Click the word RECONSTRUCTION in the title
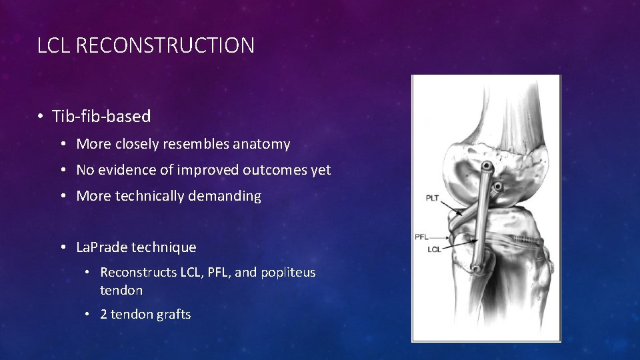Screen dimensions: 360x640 click(x=165, y=45)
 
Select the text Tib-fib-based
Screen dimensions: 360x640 click(x=101, y=117)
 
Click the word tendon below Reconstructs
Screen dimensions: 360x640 click(x=121, y=290)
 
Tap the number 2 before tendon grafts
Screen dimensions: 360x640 click(x=104, y=315)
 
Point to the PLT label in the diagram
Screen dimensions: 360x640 click(x=433, y=198)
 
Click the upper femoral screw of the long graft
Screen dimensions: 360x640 click(x=487, y=165)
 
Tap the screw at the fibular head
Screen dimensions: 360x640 click(x=478, y=270)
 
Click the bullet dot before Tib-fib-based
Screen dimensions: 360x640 click(x=41, y=117)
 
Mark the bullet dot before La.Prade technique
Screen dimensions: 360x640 click(x=63, y=247)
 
